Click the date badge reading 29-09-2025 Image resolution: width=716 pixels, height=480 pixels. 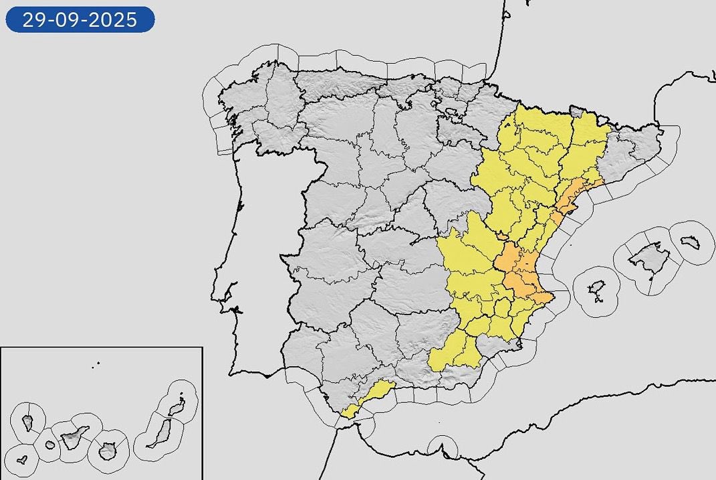(80, 19)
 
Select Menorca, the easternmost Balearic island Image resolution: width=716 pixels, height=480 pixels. (691, 242)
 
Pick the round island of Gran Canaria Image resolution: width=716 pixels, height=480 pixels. (107, 451)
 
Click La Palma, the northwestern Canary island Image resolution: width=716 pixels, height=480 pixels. (28, 422)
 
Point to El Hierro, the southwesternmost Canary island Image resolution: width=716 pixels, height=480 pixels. (22, 461)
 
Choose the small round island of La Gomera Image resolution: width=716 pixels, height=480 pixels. (50, 445)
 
